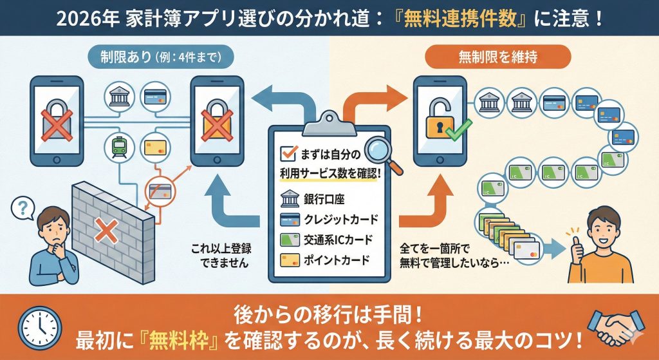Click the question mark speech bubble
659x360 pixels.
click(x=24, y=207)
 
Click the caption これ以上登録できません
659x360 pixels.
click(x=219, y=255)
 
